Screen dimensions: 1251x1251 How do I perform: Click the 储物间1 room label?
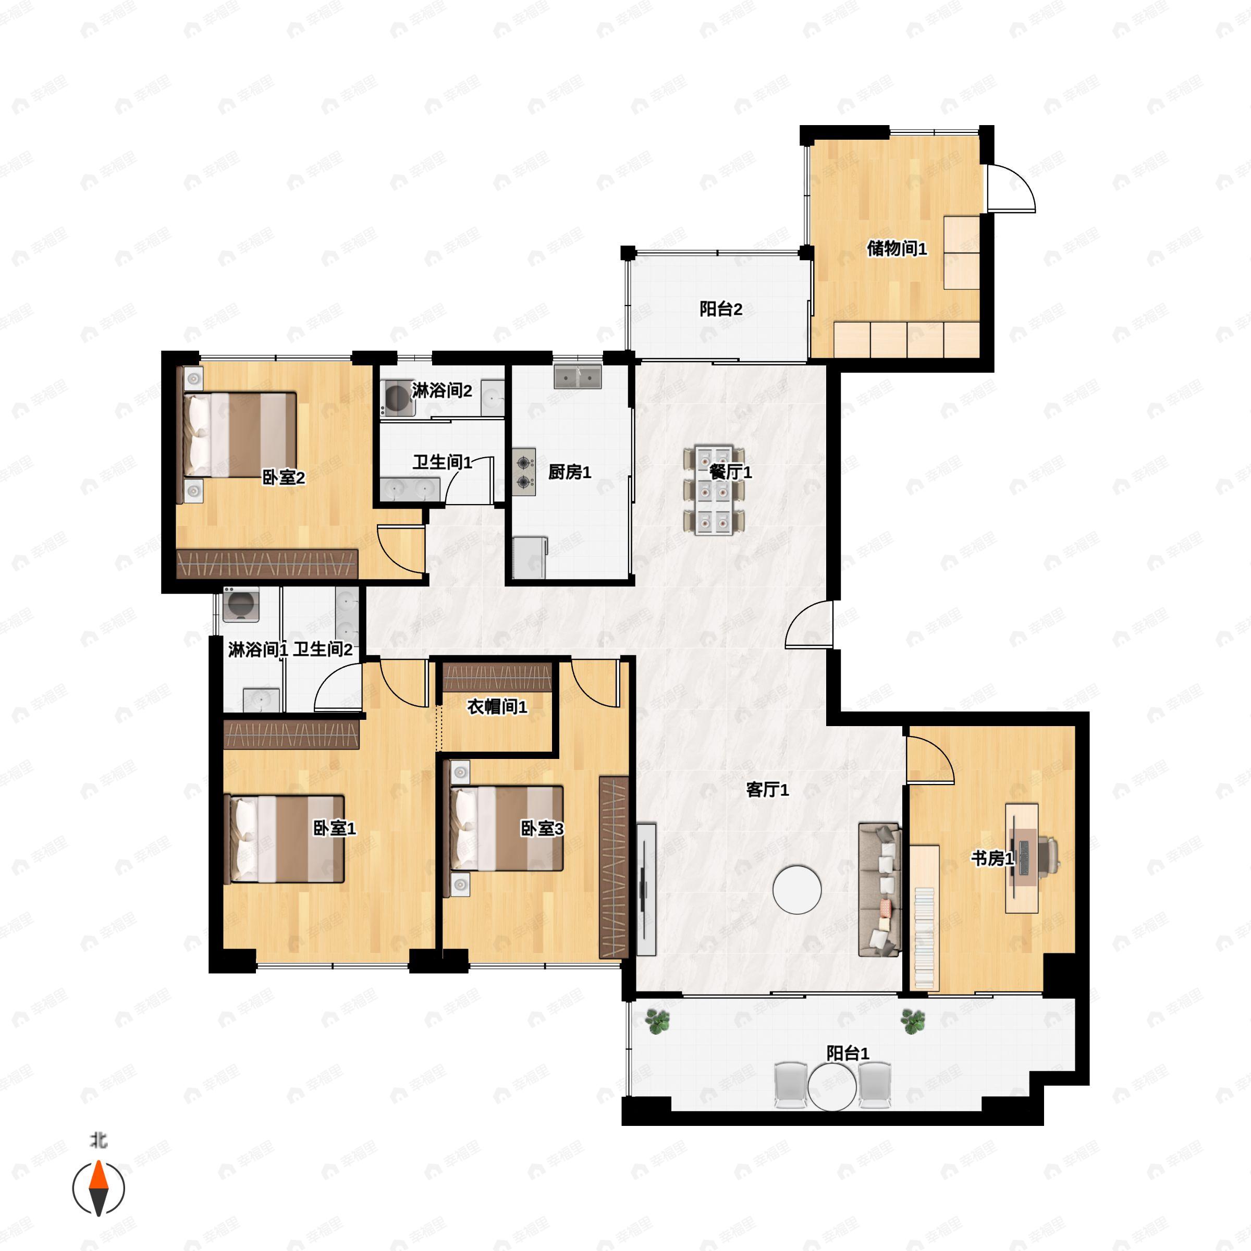(896, 248)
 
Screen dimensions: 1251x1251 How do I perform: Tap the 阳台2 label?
(721, 309)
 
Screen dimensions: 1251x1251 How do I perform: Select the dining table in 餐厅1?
(714, 490)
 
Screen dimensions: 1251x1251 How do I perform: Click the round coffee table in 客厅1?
(797, 889)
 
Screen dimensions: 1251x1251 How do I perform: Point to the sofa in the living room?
(880, 890)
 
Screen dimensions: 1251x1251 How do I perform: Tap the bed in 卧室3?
(507, 828)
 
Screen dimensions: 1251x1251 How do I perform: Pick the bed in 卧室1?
(284, 839)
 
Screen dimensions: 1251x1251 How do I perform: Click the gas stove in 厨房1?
(524, 471)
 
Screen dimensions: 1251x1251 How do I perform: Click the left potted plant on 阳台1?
(658, 1022)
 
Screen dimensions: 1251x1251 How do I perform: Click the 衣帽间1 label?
(497, 706)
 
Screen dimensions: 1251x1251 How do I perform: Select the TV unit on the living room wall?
(646, 890)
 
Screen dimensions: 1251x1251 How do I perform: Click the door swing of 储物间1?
(1011, 188)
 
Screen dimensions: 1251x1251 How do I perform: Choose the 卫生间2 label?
(323, 649)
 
